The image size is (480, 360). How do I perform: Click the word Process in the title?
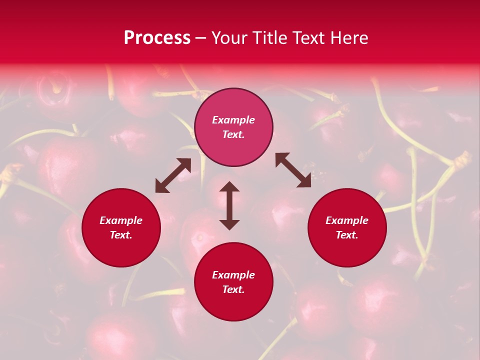(x=157, y=37)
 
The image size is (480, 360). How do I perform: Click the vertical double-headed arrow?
(x=229, y=205)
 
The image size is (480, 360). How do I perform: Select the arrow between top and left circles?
(x=173, y=175)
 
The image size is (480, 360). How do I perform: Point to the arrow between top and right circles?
(x=293, y=170)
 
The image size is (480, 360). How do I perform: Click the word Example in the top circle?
(x=233, y=120)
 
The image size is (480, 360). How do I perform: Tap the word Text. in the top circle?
(x=233, y=134)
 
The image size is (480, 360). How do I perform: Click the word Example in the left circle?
(x=121, y=220)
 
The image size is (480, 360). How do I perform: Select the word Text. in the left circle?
(x=121, y=235)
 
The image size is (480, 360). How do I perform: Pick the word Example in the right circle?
(x=347, y=220)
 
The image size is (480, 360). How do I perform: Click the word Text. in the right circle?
(x=347, y=235)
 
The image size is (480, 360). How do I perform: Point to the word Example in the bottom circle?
(x=233, y=275)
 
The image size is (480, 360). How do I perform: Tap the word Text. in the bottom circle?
(x=233, y=289)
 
